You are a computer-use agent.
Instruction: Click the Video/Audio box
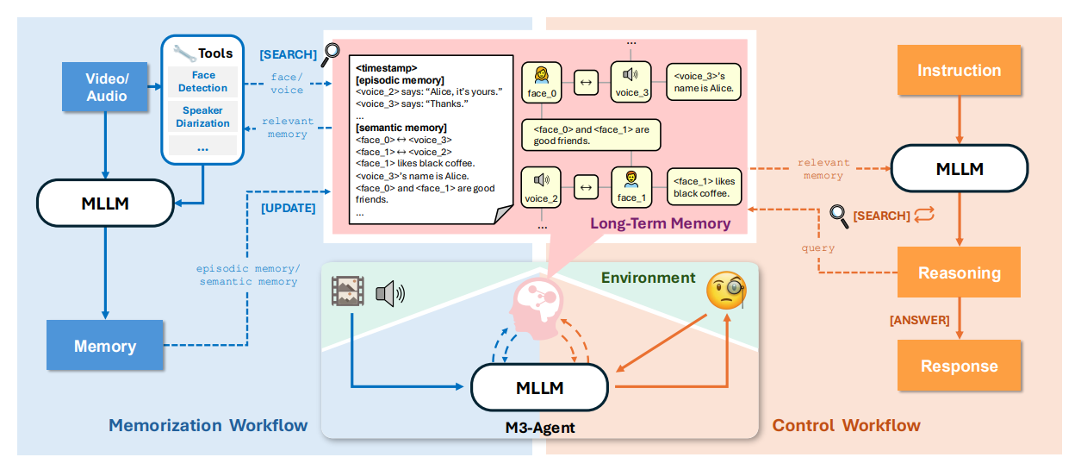(106, 86)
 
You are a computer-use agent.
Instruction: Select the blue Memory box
(104, 347)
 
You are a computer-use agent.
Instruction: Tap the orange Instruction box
(959, 71)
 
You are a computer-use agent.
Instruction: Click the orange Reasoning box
(959, 272)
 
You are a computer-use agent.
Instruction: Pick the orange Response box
(959, 366)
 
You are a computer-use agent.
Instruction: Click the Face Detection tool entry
(202, 82)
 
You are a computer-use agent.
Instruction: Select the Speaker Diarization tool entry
(202, 117)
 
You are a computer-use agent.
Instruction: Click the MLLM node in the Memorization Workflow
(104, 204)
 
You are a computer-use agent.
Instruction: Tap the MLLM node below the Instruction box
(959, 168)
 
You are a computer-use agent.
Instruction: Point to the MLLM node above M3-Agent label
(539, 388)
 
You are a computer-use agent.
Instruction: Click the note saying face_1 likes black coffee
(705, 187)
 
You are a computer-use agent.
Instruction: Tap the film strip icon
(349, 292)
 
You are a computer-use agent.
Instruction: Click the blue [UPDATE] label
(288, 208)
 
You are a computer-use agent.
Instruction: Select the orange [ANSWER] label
(919, 320)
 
